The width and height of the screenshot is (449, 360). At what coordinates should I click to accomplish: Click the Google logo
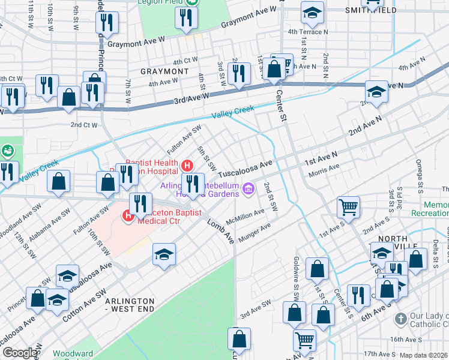(20, 353)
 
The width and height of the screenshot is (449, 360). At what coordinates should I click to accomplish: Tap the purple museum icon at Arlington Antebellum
(249, 191)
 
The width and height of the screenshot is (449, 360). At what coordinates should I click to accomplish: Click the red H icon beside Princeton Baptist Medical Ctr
(128, 216)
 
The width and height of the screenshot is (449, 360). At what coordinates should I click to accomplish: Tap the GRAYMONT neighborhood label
(160, 71)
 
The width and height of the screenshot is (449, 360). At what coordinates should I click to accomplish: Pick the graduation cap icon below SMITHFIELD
(312, 13)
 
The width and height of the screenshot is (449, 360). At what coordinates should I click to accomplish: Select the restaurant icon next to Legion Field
(186, 17)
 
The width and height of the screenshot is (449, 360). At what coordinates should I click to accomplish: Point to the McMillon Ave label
(245, 217)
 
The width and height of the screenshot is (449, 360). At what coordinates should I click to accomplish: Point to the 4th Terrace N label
(308, 32)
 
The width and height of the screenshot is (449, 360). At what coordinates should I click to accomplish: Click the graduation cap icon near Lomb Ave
(163, 255)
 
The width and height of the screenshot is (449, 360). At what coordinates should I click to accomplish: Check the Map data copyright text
(424, 355)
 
